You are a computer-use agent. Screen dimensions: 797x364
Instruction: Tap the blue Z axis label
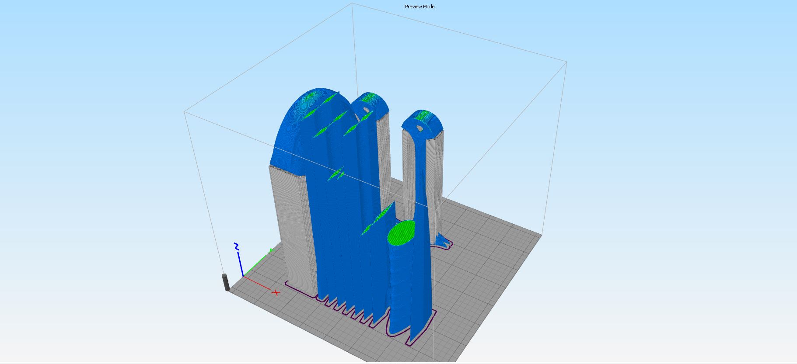pyautogui.click(x=236, y=246)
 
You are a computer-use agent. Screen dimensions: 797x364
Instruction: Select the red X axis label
pyautogui.click(x=276, y=292)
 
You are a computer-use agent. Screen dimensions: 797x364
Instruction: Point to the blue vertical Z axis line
pyautogui.click(x=240, y=263)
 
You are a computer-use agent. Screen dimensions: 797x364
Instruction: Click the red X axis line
pyautogui.click(x=257, y=283)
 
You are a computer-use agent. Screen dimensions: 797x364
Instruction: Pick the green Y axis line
pyautogui.click(x=257, y=263)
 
